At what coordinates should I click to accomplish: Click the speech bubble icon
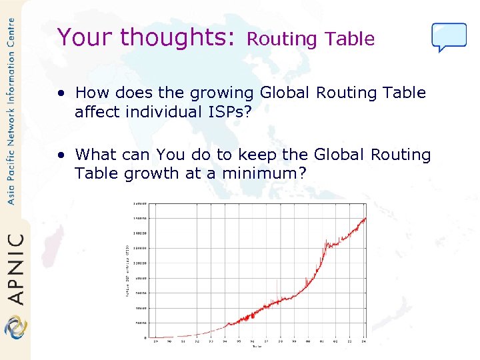click(449, 37)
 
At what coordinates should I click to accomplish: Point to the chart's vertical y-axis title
click(127, 270)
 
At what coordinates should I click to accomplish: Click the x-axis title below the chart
click(257, 346)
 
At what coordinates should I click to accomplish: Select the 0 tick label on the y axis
click(145, 338)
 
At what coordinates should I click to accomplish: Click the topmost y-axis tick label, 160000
click(141, 203)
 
